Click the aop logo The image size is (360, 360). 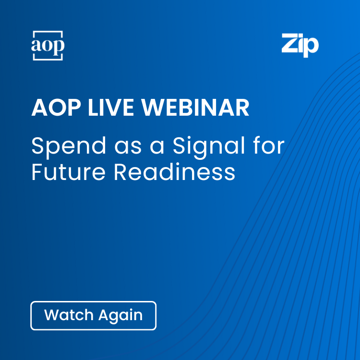click(x=48, y=46)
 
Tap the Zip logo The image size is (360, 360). click(x=300, y=45)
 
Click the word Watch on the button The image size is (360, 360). click(x=69, y=315)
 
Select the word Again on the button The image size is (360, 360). click(x=120, y=316)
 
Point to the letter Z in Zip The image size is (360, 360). click(x=290, y=44)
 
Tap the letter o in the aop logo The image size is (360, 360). click(x=48, y=46)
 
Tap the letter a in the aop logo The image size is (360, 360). click(x=37, y=46)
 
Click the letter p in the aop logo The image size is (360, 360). click(x=58, y=47)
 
